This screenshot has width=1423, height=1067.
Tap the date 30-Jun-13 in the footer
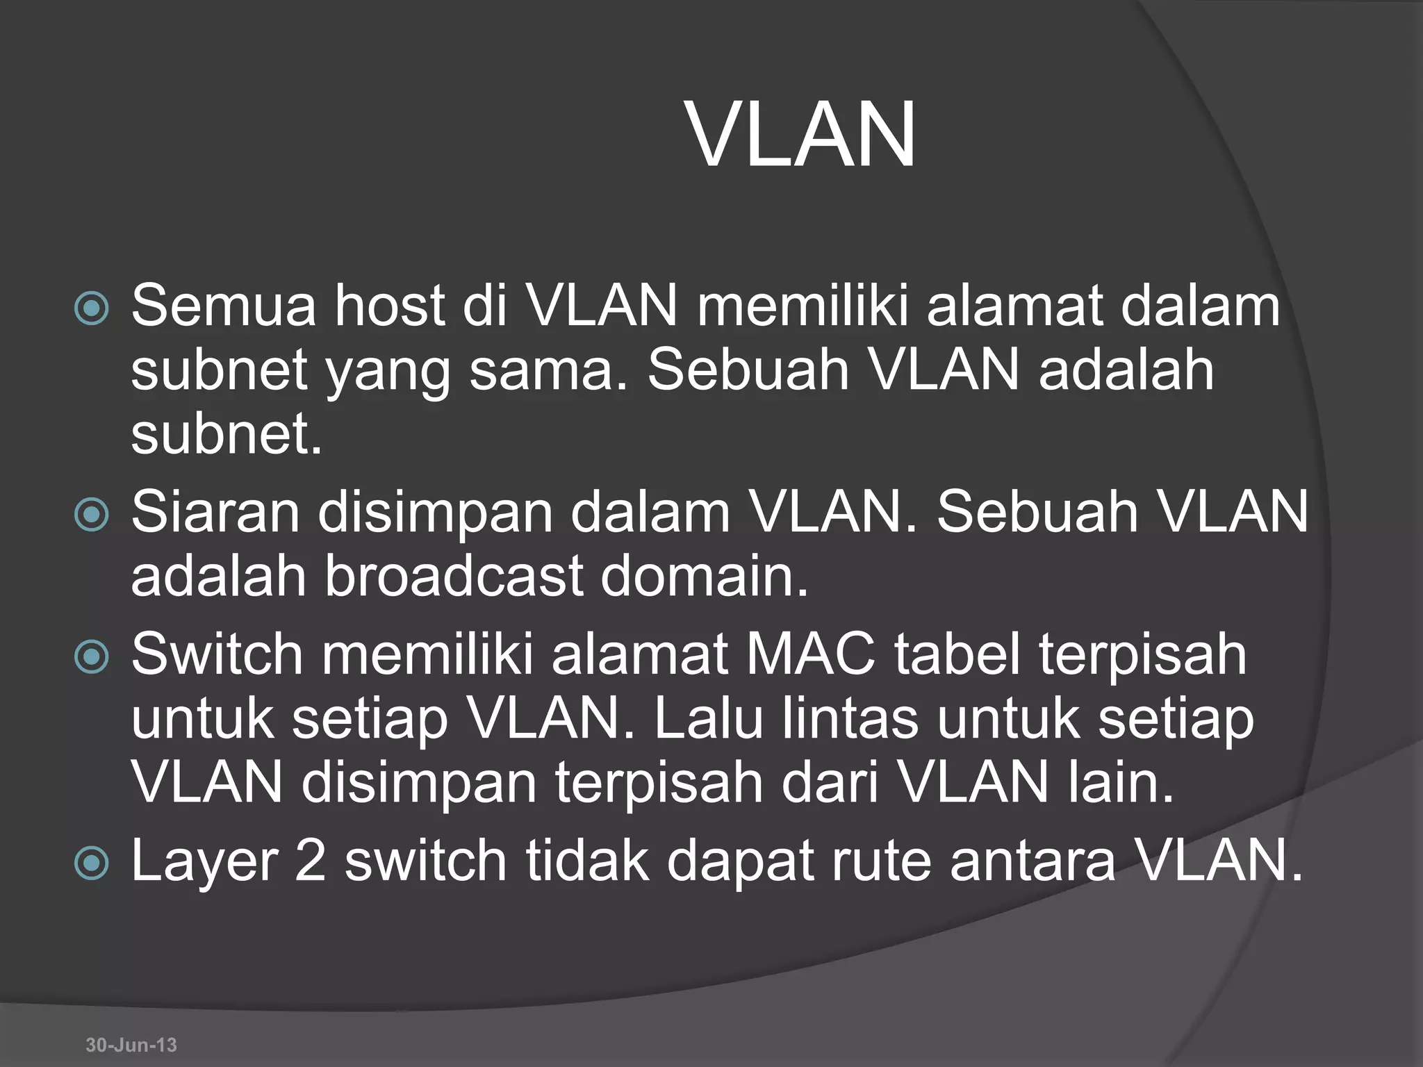pyautogui.click(x=131, y=1045)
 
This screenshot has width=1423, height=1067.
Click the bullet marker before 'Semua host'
pyautogui.click(x=92, y=308)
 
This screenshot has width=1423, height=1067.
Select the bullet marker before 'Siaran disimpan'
pyautogui.click(x=92, y=515)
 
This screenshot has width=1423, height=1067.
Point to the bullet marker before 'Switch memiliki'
pyautogui.click(x=92, y=656)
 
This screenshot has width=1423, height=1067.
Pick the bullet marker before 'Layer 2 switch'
pyautogui.click(x=92, y=863)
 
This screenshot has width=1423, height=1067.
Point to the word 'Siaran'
pyautogui.click(x=215, y=512)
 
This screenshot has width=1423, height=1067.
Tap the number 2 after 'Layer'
pyautogui.click(x=310, y=861)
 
